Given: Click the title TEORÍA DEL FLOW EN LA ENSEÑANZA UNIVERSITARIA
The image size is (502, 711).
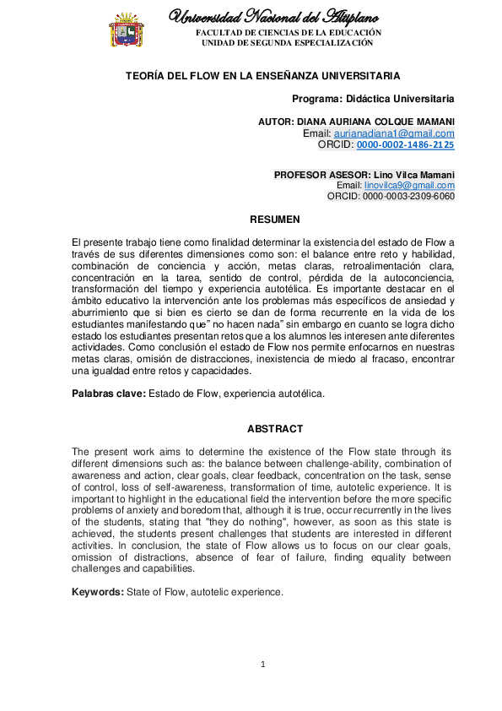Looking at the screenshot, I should point(262,76).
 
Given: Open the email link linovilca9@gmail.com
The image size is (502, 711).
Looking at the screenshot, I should point(408,186).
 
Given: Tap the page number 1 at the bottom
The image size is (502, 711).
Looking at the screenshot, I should point(263,665).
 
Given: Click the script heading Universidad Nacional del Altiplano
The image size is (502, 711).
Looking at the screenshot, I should point(275,16).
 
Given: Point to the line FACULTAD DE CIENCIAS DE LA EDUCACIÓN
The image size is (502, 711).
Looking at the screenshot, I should point(289,32).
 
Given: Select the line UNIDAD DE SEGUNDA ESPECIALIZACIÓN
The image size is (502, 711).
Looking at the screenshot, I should point(289,42).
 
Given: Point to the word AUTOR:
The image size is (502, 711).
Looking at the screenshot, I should point(276,122).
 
